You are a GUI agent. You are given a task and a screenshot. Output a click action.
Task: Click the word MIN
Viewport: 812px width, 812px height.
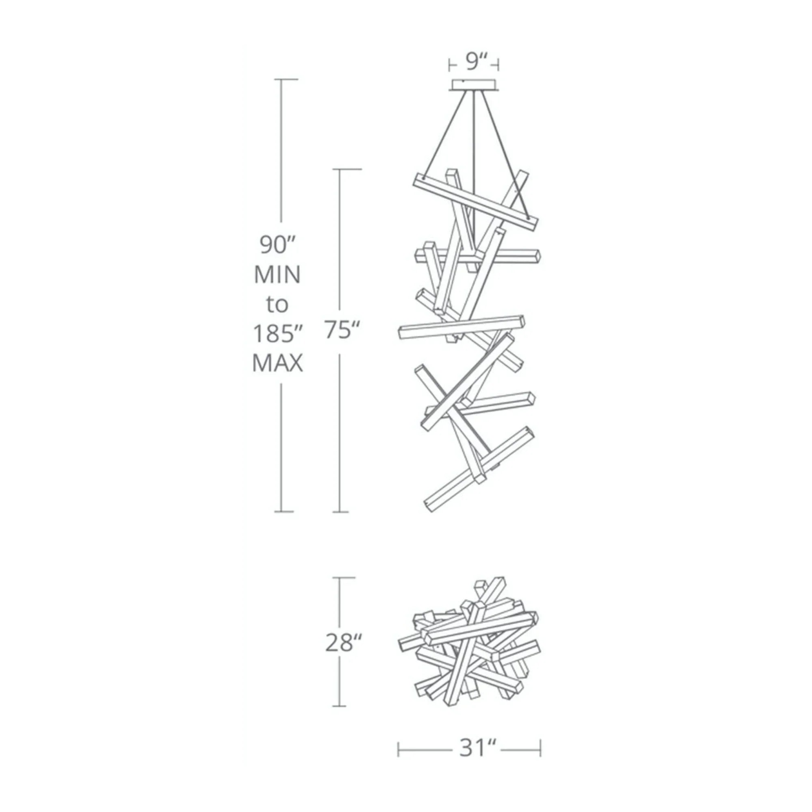click(277, 275)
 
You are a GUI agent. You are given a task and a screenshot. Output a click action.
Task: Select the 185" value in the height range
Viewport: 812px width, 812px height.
click(278, 334)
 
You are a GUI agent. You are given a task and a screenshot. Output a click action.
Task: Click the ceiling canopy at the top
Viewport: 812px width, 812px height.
click(474, 85)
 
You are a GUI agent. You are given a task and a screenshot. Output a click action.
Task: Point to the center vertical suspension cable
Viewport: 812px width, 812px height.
click(474, 168)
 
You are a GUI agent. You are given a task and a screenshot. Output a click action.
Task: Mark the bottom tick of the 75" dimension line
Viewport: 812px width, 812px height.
click(341, 512)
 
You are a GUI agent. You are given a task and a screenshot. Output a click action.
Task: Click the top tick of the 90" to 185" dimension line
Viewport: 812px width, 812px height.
click(288, 79)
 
